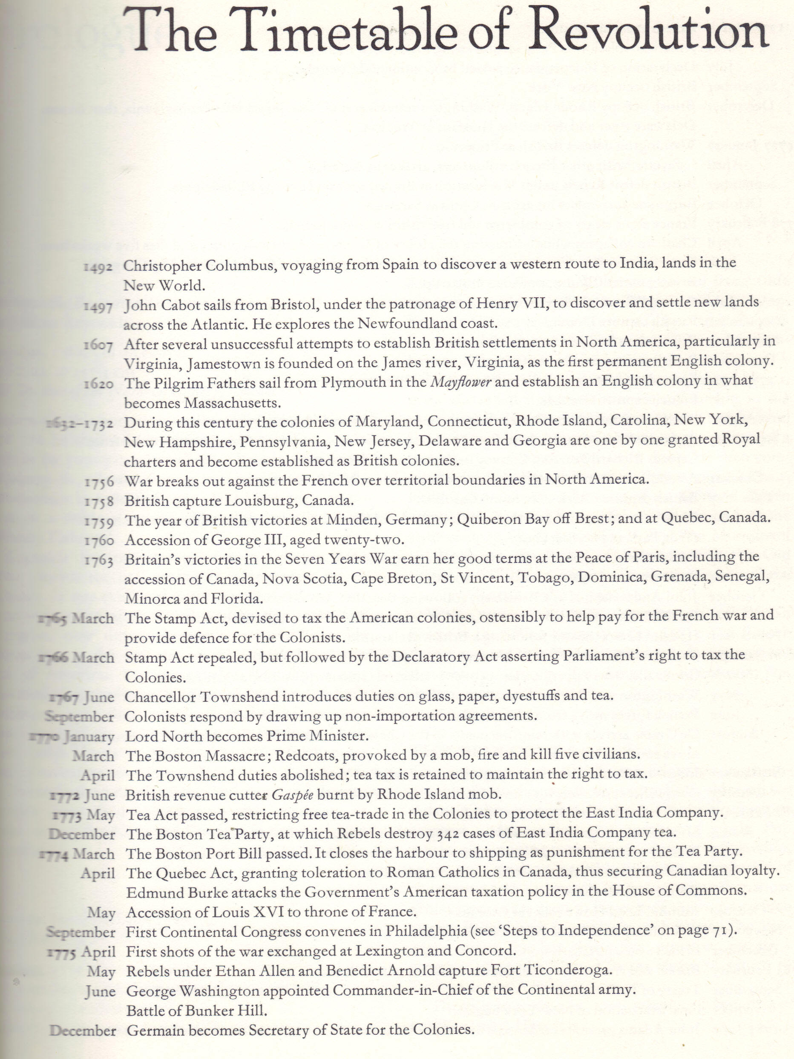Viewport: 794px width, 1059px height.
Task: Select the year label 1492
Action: point(98,267)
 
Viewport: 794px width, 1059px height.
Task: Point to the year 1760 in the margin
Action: point(99,540)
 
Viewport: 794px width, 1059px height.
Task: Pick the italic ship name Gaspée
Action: point(293,795)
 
